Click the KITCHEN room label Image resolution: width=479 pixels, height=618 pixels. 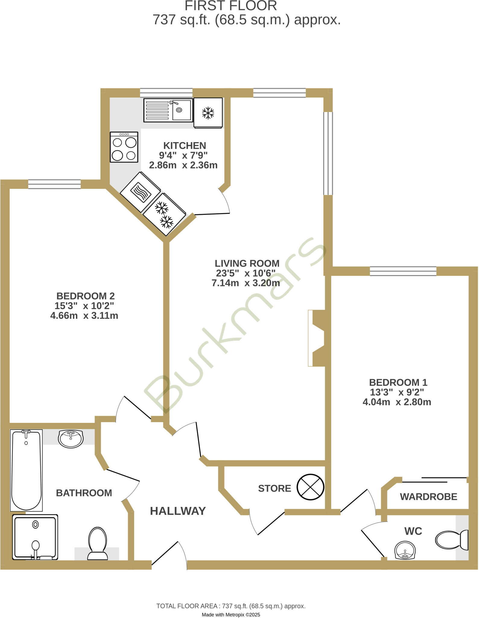pyautogui.click(x=185, y=146)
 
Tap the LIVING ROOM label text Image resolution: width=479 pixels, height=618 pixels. pyautogui.click(x=247, y=263)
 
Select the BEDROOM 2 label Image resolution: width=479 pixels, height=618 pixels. pyautogui.click(x=86, y=296)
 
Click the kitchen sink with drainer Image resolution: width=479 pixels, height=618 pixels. pyautogui.click(x=168, y=110)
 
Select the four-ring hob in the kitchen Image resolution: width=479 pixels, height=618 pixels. pyautogui.click(x=124, y=147)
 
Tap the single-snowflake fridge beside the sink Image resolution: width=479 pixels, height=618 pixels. pyautogui.click(x=208, y=113)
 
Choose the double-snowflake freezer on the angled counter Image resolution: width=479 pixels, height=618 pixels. pyautogui.click(x=164, y=215)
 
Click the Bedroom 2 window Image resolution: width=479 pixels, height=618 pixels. pyautogui.click(x=55, y=184)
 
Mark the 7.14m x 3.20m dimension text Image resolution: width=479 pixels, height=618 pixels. pyautogui.click(x=246, y=283)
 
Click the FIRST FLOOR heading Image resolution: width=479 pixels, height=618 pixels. pyautogui.click(x=231, y=6)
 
